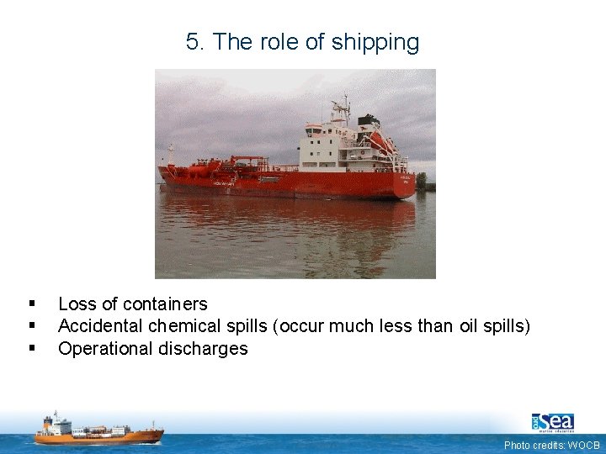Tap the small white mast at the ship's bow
(x=171, y=153)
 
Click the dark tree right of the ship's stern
(x=421, y=180)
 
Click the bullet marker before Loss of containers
(x=31, y=304)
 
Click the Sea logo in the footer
(x=553, y=422)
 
